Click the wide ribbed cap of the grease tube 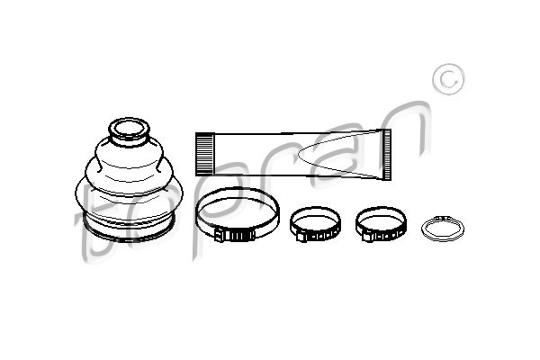pyautogui.click(x=204, y=154)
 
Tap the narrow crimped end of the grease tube pyautogui.click(x=387, y=155)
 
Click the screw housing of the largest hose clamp pyautogui.click(x=235, y=235)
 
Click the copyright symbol pyautogui.click(x=448, y=79)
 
